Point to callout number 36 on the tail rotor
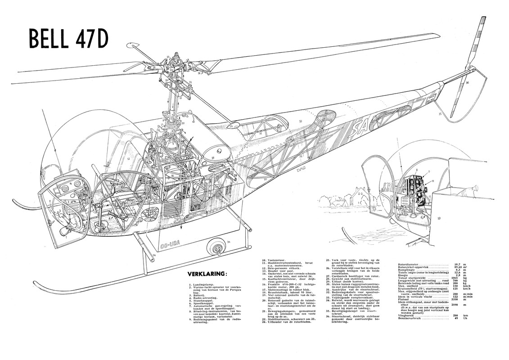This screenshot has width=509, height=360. [467, 83]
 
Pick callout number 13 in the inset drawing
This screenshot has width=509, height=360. [438, 217]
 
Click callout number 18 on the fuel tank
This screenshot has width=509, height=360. [212, 157]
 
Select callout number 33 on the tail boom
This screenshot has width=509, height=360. [300, 121]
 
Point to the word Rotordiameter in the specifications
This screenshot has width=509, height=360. [411, 264]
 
